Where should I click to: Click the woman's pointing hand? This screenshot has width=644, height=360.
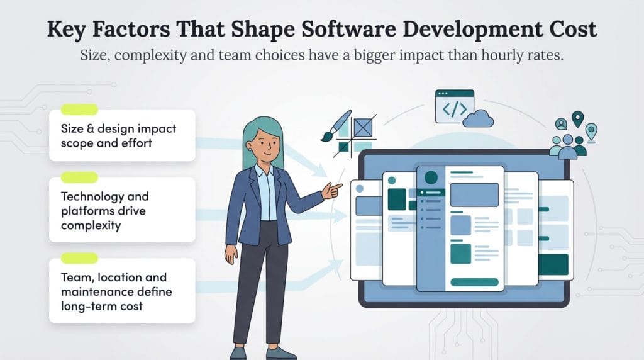[x=332, y=189]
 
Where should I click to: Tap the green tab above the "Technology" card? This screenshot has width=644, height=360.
[x=79, y=177]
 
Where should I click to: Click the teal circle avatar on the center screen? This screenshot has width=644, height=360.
[x=431, y=177]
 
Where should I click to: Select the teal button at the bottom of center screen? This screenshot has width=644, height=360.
[x=475, y=281]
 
